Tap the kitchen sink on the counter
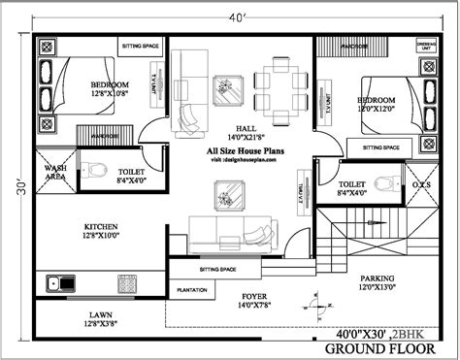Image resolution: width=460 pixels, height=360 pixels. (62, 284)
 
